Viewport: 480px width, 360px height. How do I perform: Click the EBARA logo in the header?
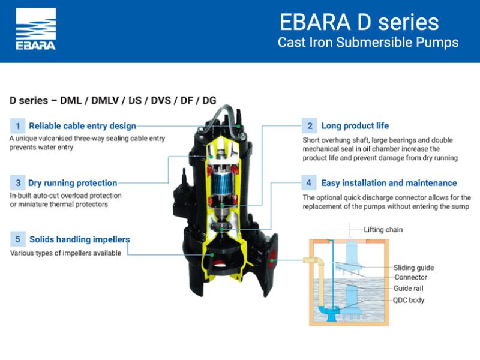tap(36, 29)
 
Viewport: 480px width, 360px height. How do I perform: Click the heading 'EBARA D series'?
tap(359, 22)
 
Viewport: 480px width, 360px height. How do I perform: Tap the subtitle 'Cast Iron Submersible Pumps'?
tap(368, 42)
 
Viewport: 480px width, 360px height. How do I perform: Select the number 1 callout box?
tap(18, 126)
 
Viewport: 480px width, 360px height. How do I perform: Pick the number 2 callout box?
tap(310, 126)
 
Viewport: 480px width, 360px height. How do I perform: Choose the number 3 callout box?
tap(18, 183)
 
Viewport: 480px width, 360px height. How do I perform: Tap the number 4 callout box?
tap(309, 183)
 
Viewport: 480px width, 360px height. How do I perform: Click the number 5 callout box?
tap(18, 239)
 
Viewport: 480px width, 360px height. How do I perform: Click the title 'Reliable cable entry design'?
tap(82, 126)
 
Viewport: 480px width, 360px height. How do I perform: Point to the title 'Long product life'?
tap(355, 125)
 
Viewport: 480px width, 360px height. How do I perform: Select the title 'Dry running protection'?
tap(73, 183)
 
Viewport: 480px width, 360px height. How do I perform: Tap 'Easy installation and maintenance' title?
tap(389, 183)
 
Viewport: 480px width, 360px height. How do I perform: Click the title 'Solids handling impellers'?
tap(80, 239)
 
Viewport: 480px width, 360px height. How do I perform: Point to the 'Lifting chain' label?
tap(383, 230)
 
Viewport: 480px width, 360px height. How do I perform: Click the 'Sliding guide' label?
tap(413, 268)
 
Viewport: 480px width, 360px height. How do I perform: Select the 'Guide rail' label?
tap(409, 289)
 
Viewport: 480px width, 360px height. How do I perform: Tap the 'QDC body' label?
tap(409, 300)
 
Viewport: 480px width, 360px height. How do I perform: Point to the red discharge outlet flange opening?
tap(272, 260)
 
